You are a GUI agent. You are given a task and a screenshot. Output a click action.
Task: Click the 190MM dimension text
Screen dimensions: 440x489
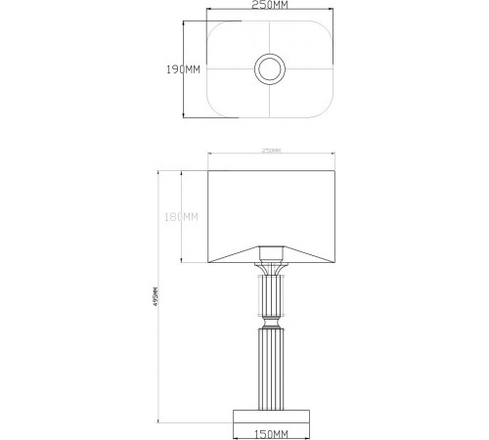coord(183,69)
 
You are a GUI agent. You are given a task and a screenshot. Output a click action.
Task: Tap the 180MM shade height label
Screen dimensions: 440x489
coord(183,217)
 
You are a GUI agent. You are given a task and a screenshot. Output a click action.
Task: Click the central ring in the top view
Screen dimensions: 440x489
coord(268,69)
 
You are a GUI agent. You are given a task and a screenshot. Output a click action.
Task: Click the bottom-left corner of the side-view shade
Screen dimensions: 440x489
coord(209,261)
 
